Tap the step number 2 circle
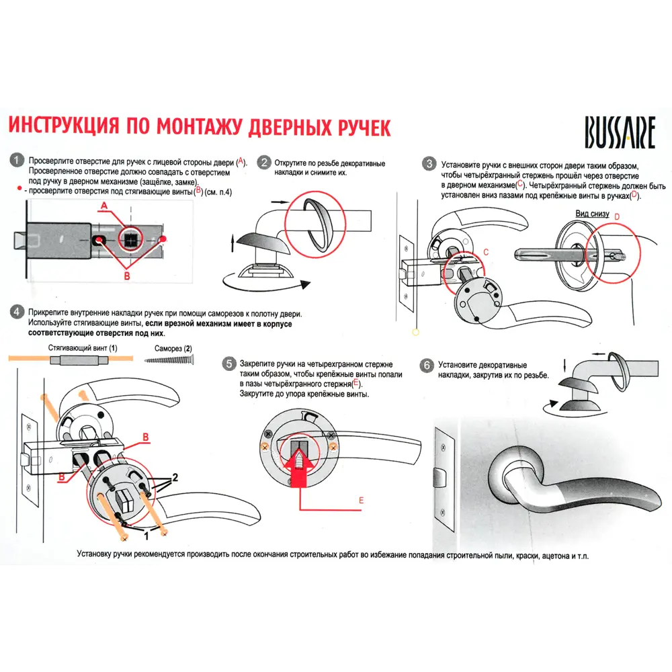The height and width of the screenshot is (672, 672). [264, 163]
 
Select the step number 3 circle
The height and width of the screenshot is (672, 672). [428, 164]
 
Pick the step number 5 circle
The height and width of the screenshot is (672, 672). [228, 364]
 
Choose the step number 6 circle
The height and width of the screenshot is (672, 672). [426, 365]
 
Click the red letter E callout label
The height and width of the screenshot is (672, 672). [360, 501]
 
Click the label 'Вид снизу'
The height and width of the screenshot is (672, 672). [592, 214]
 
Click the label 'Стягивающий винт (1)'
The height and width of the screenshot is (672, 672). [83, 349]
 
